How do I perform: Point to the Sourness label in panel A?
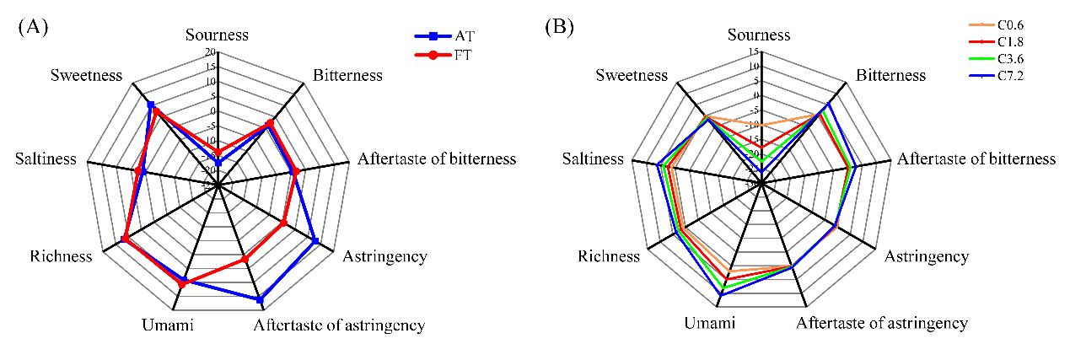pyautogui.click(x=218, y=35)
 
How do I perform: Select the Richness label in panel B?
pyautogui.click(x=609, y=256)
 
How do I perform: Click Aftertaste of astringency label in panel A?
pyautogui.click(x=339, y=325)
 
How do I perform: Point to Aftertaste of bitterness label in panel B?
pyautogui.click(x=976, y=159)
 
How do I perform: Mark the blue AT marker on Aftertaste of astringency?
pyautogui.click(x=260, y=299)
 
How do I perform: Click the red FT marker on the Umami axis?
pyautogui.click(x=181, y=285)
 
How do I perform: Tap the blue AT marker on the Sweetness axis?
pyautogui.click(x=151, y=105)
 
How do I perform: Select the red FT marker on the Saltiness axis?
pyautogui.click(x=138, y=172)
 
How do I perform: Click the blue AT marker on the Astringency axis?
pyautogui.click(x=315, y=241)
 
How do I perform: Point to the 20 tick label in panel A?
pyautogui.click(x=209, y=53)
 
